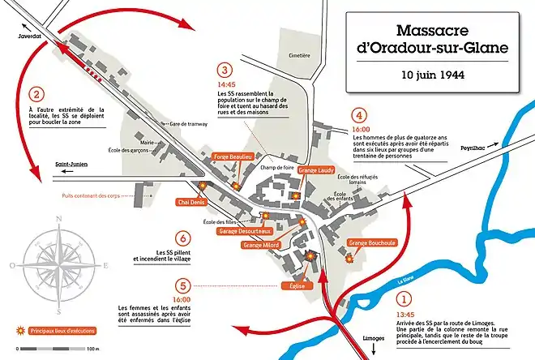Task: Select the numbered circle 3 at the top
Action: [x=226, y=70]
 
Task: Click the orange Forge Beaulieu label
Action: [x=233, y=155]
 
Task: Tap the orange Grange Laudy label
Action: [x=316, y=170]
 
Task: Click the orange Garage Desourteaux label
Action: [x=244, y=231]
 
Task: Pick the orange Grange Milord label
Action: [x=261, y=244]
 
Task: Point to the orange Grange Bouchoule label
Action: [x=372, y=242]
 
